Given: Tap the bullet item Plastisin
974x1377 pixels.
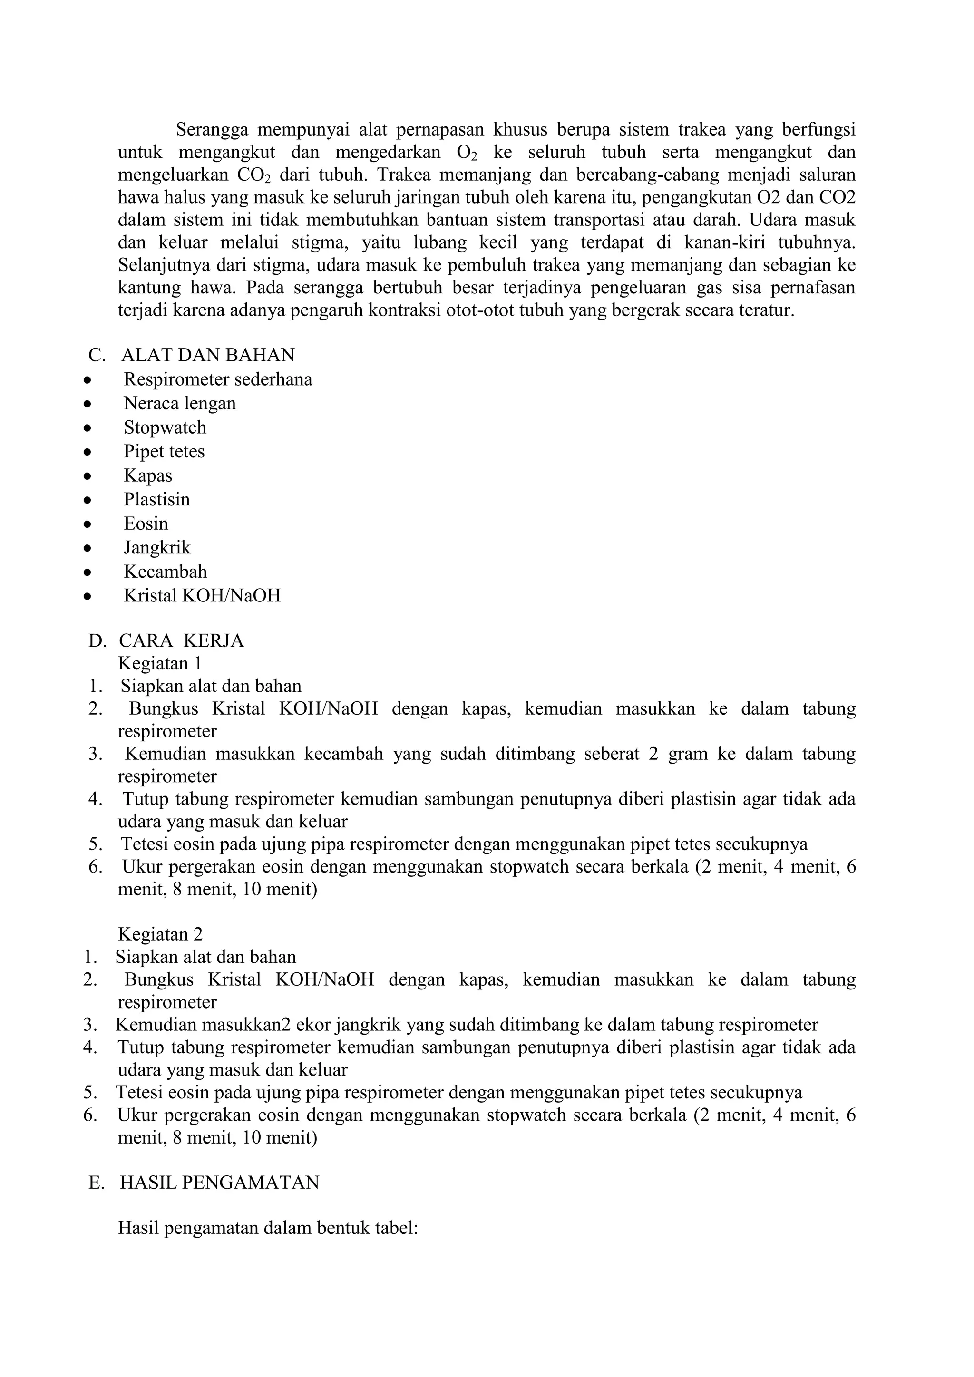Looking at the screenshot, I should tap(156, 500).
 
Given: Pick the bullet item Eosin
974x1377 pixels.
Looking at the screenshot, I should tap(146, 524).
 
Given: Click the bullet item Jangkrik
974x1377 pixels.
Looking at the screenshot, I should tap(157, 548).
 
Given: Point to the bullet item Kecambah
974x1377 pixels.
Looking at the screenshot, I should tap(165, 572).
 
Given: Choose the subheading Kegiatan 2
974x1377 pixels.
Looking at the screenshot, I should tap(160, 934).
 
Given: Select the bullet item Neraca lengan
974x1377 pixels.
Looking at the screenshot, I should tap(180, 404).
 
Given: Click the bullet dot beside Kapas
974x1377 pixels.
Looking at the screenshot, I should tap(88, 476).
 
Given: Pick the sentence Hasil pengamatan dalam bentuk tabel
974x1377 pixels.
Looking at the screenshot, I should tap(267, 1228).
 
